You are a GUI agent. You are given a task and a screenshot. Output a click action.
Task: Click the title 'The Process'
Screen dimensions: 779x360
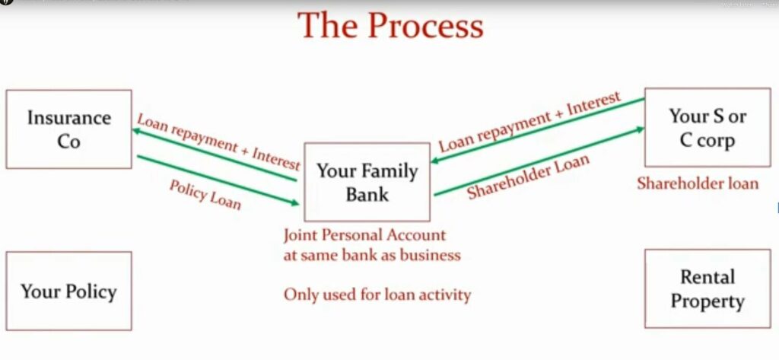[390, 25]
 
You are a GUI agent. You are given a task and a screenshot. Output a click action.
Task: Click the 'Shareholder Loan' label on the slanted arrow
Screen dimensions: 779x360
[528, 177]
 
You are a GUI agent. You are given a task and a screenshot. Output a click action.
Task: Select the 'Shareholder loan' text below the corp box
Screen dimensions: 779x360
[698, 184]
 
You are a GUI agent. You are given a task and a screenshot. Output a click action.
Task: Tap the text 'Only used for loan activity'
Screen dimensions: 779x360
[377, 295]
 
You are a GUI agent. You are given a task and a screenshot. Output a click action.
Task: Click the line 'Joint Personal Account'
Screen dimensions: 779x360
[364, 234]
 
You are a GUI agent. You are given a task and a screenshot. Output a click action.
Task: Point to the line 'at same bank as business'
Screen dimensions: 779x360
[372, 255]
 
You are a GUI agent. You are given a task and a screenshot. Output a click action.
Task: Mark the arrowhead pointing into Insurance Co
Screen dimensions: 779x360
[136, 131]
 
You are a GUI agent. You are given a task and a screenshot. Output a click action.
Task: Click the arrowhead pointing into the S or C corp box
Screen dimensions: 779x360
[640, 129]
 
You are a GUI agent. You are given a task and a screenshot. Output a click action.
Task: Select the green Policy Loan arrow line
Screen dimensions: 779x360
[218, 180]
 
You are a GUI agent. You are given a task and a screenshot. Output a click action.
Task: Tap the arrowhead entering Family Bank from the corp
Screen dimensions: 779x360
[435, 161]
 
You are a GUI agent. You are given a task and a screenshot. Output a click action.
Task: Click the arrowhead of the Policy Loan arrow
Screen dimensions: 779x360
[295, 202]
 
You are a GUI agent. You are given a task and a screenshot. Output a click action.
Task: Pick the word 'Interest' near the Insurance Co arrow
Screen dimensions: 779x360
[275, 160]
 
